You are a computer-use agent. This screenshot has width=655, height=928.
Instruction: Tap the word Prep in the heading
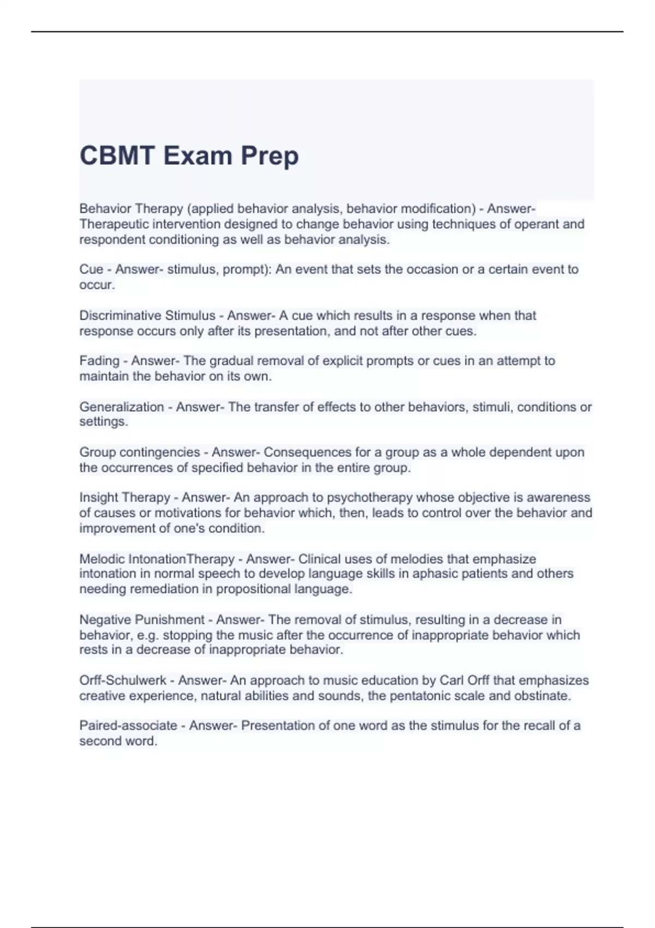pos(270,157)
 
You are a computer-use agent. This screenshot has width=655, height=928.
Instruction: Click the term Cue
pos(91,269)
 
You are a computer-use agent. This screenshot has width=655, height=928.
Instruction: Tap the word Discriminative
pos(120,316)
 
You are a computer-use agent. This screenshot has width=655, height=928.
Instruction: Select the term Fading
pos(99,361)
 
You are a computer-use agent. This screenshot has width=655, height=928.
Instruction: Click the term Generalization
pos(122,407)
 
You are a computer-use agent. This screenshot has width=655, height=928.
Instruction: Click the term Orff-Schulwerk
pos(123,680)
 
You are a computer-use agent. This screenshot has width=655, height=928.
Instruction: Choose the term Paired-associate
pos(128,725)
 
